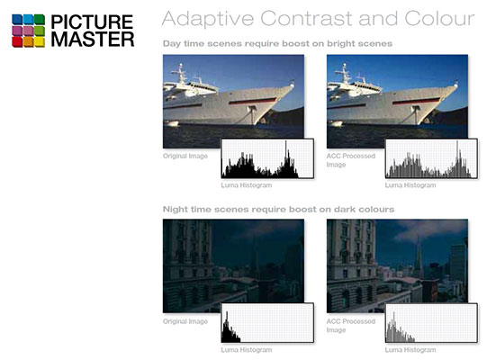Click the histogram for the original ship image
pos(267,159)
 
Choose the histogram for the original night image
pos(267,323)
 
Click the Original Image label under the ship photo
pos(185,156)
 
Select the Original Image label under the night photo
pos(185,320)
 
